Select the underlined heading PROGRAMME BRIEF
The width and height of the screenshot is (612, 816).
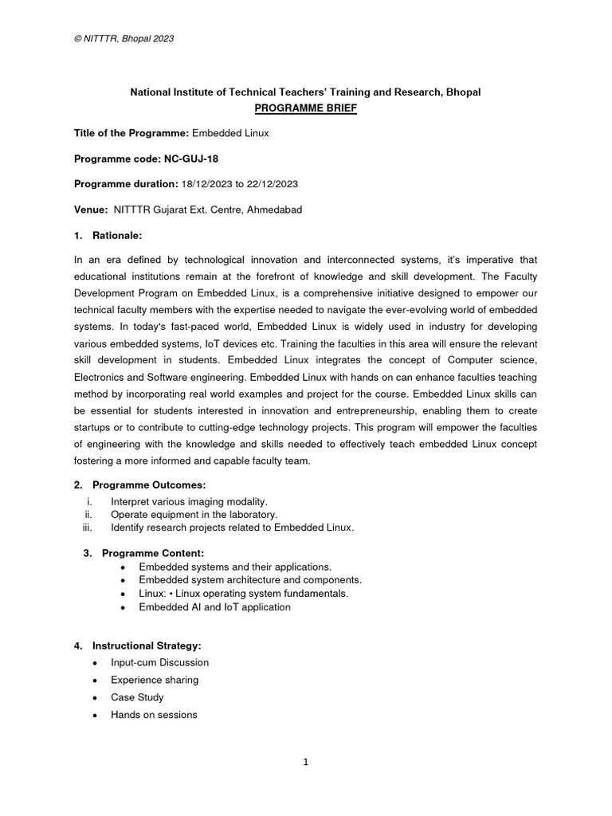(x=305, y=108)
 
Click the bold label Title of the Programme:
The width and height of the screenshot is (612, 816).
(x=131, y=133)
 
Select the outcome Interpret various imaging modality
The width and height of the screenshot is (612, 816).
(x=189, y=501)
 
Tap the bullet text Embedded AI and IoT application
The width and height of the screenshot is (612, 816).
(x=214, y=607)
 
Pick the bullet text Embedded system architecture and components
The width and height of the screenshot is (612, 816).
(x=250, y=580)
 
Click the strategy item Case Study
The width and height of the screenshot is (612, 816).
(x=137, y=697)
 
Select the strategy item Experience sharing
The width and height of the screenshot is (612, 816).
(x=155, y=680)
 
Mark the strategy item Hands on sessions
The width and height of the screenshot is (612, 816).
(x=154, y=715)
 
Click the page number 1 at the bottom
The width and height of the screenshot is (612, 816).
(x=305, y=762)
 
